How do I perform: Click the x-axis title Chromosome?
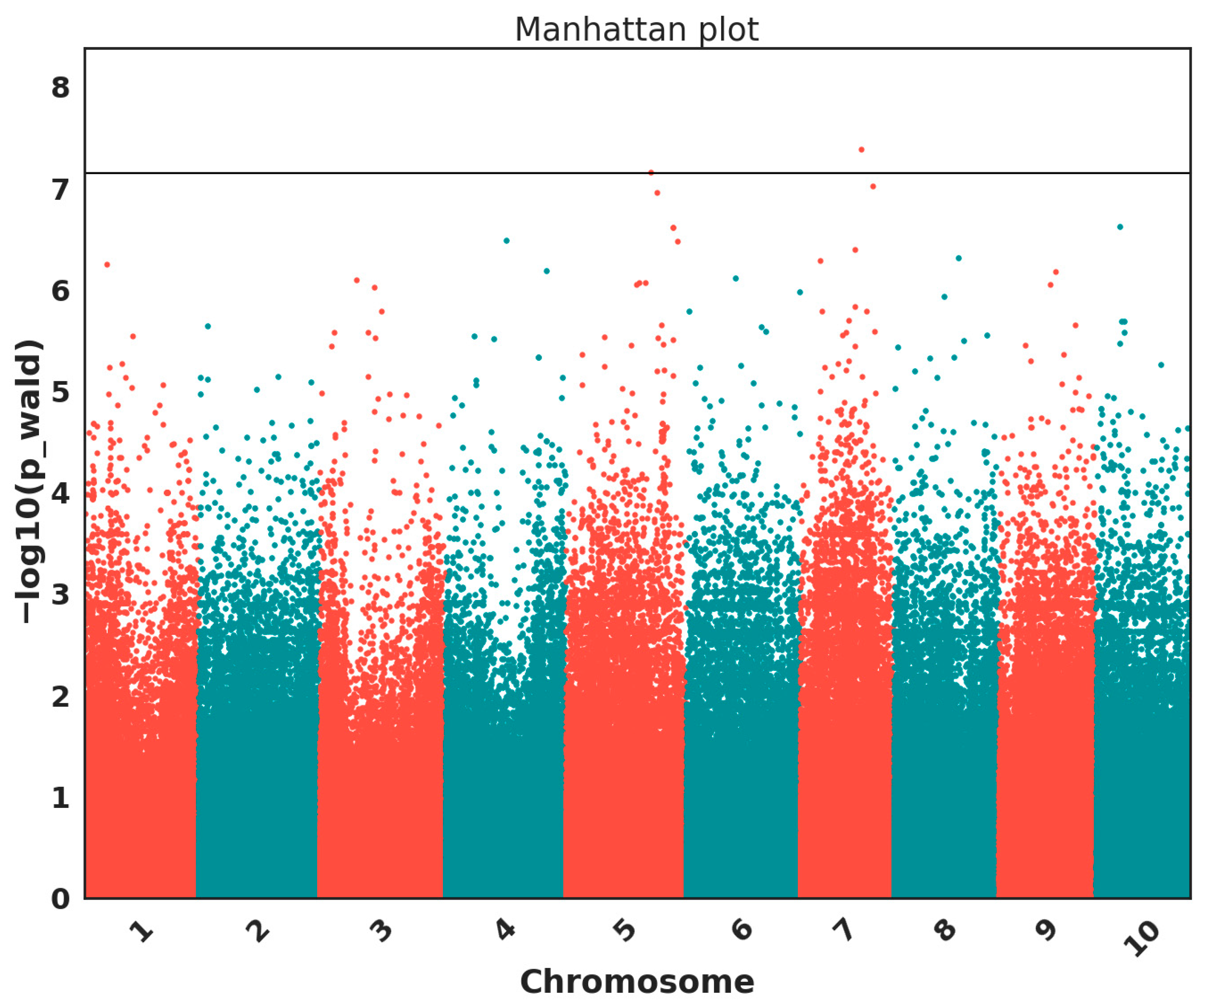[x=637, y=982]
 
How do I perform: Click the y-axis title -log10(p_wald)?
[x=29, y=482]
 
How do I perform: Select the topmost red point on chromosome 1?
[x=107, y=265]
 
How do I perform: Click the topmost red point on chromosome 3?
[x=356, y=280]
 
